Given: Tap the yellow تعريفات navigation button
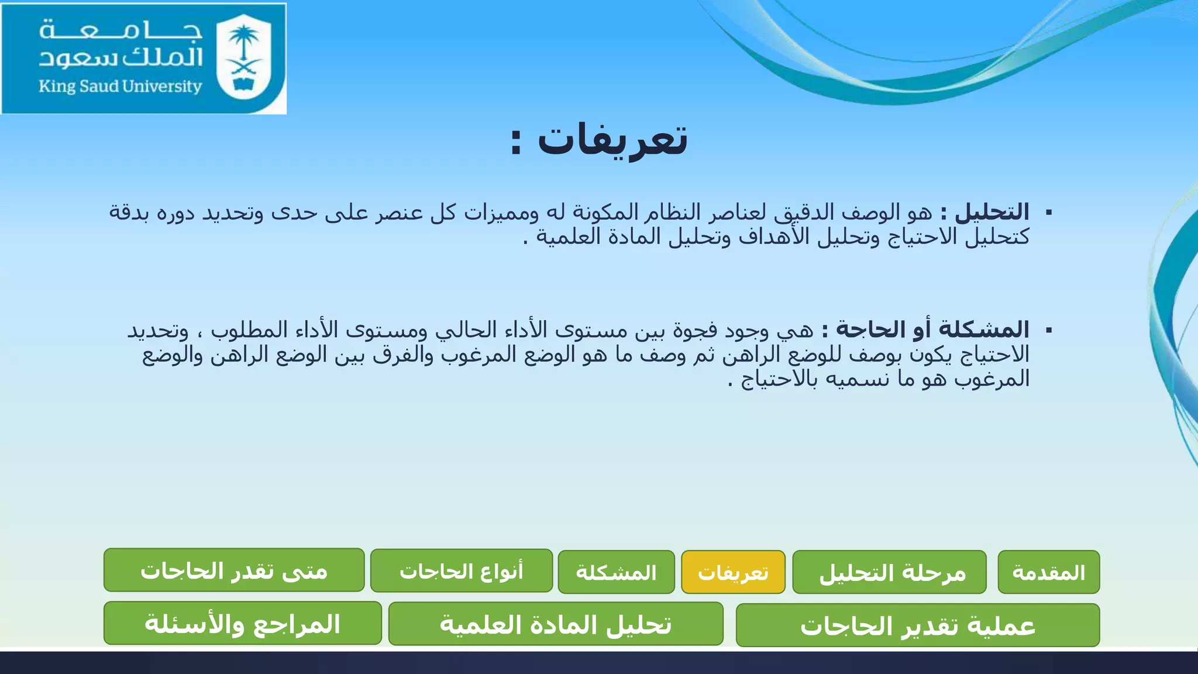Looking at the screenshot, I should click(x=733, y=572).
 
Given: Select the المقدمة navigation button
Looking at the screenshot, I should click(x=1048, y=572).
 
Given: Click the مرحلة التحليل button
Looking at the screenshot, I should click(x=889, y=572).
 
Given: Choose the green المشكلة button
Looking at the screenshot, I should click(x=616, y=572).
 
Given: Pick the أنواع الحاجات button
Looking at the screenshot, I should click(x=462, y=570).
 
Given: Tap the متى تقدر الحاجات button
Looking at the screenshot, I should click(x=234, y=570).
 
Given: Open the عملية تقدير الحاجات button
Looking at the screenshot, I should click(x=917, y=625).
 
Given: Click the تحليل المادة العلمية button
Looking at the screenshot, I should click(x=555, y=624).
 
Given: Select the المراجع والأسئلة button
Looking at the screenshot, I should click(x=242, y=624).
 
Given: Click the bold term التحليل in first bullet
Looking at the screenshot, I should click(x=992, y=212).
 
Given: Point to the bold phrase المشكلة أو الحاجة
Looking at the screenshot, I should click(x=932, y=329).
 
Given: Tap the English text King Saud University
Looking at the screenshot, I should click(x=120, y=87).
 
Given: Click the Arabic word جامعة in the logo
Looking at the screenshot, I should click(x=121, y=29).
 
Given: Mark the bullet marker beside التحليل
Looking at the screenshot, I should click(x=1048, y=212).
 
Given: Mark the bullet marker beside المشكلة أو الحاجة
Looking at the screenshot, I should click(x=1048, y=331).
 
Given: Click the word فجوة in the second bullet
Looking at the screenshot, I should click(x=696, y=330).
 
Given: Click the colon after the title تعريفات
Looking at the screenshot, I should click(x=515, y=142).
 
